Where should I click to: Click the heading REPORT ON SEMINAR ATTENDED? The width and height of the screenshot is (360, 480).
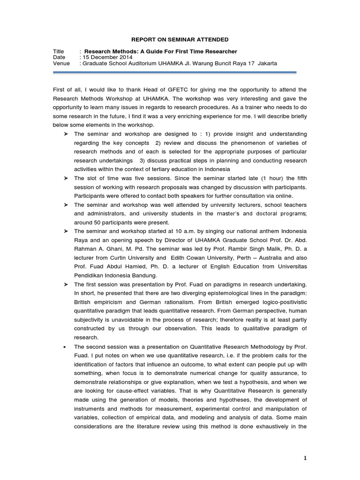click(180, 39)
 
